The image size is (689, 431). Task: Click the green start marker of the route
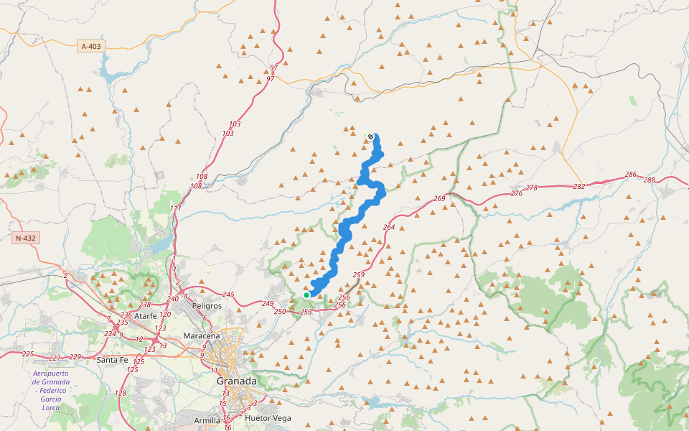[x=306, y=295]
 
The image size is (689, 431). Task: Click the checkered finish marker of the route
[x=370, y=136]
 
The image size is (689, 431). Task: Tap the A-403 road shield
[x=91, y=46]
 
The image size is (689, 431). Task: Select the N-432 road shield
[x=24, y=238]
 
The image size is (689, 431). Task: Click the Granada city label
[x=237, y=381]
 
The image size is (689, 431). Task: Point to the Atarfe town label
[x=146, y=315]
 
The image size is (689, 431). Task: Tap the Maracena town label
[x=202, y=335]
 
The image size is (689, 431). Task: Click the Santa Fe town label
[x=113, y=360]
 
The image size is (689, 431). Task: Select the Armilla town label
[x=207, y=420]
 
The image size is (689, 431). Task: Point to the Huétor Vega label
[x=268, y=417]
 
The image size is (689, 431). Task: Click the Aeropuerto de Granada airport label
[x=51, y=391]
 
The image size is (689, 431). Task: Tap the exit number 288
[x=650, y=180]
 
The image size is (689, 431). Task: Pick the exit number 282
[x=579, y=186]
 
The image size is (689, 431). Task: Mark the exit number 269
[x=440, y=198]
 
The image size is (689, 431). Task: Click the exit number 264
[x=389, y=228]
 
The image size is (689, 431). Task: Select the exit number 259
[x=359, y=275]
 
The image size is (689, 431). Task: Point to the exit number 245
[x=228, y=295]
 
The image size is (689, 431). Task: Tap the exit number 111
[x=176, y=208]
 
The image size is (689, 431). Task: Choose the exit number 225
[x=28, y=354]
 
